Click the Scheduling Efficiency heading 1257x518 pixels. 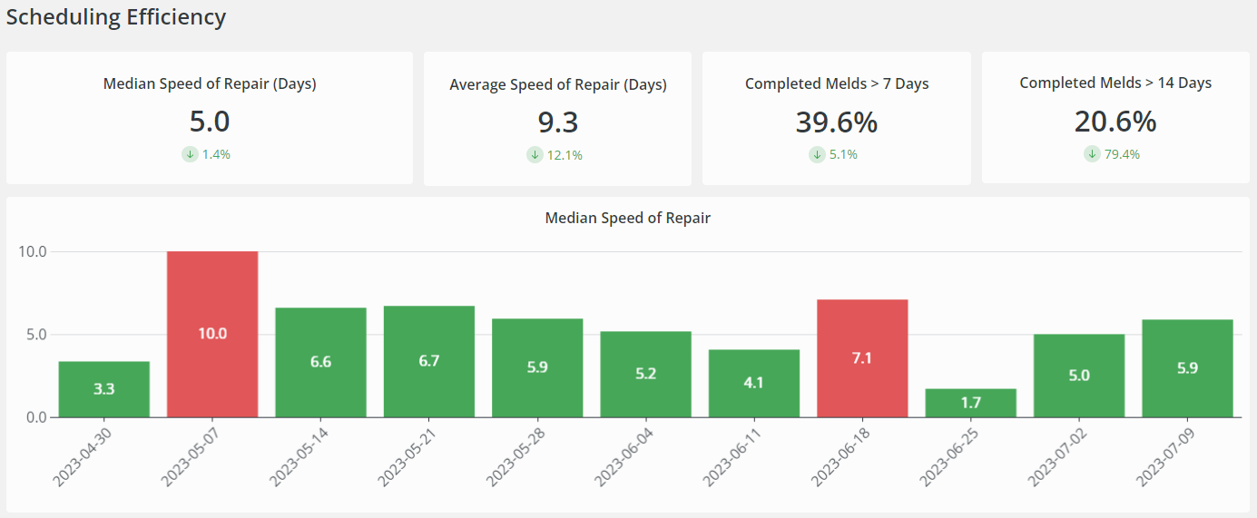116,17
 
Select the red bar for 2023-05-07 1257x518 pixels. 212,334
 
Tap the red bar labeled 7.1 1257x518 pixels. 862,358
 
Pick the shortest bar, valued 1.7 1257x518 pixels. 970,403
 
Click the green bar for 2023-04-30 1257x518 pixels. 104,389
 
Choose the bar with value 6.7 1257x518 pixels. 429,361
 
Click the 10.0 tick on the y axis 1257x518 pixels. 33,251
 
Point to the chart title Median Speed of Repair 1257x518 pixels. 627,218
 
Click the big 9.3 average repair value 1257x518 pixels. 558,122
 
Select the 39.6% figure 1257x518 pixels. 837,122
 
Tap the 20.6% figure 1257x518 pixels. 1115,122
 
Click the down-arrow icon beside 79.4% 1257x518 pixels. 1093,154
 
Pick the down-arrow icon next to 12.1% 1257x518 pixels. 535,155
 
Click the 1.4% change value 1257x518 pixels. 216,154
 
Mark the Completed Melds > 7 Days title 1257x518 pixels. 837,83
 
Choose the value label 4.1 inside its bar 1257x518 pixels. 753,383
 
